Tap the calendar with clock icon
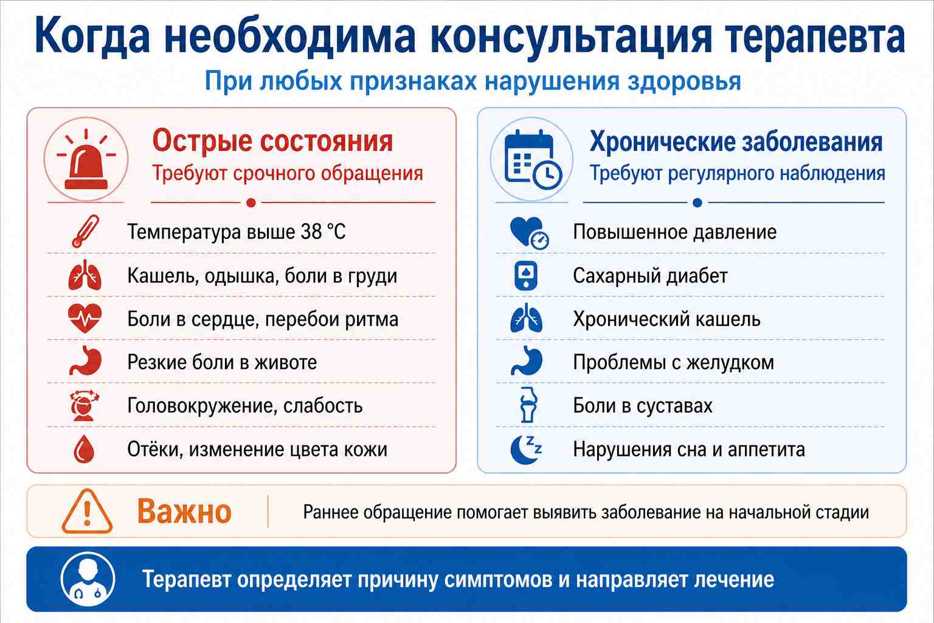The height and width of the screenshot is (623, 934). [533, 159]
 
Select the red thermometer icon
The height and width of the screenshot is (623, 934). [86, 231]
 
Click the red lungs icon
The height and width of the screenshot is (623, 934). [85, 275]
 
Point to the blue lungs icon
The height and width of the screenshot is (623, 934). [526, 318]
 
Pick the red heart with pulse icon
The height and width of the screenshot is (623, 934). [85, 318]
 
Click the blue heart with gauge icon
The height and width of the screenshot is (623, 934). [528, 233]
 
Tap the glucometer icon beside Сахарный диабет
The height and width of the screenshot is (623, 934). [526, 276]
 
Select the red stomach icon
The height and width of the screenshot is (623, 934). [86, 361]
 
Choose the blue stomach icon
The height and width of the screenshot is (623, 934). [527, 361]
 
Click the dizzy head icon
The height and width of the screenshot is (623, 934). [85, 405]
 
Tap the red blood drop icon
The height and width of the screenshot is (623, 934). [84, 449]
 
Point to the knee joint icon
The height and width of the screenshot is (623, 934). [528, 405]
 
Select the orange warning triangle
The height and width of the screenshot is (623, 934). [87, 512]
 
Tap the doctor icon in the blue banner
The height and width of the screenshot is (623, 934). [88, 579]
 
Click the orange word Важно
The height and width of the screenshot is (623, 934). [184, 512]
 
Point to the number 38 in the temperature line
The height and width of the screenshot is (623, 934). [311, 232]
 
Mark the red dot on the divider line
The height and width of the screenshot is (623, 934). [251, 203]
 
